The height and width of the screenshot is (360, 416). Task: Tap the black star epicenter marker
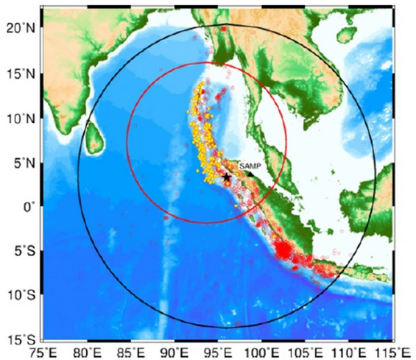[226, 177]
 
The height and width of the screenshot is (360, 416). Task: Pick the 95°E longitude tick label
[219, 352]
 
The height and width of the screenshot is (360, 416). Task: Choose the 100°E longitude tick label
[262, 352]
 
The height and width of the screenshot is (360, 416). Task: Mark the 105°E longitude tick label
[306, 352]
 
